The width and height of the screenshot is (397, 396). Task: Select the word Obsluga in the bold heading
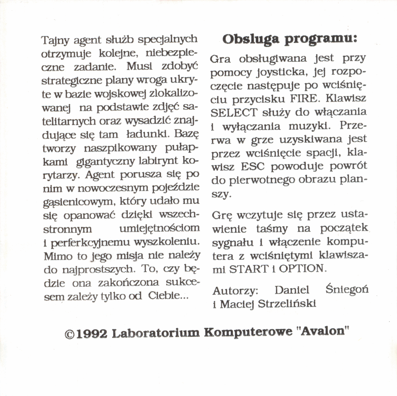(x=251, y=39)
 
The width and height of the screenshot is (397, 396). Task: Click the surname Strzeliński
(x=287, y=304)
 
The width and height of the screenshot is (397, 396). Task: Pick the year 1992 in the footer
(x=92, y=334)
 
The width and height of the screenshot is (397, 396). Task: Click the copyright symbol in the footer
(x=69, y=334)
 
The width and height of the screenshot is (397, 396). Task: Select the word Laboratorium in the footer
(x=156, y=333)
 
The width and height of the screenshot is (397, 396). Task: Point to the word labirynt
(x=159, y=161)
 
